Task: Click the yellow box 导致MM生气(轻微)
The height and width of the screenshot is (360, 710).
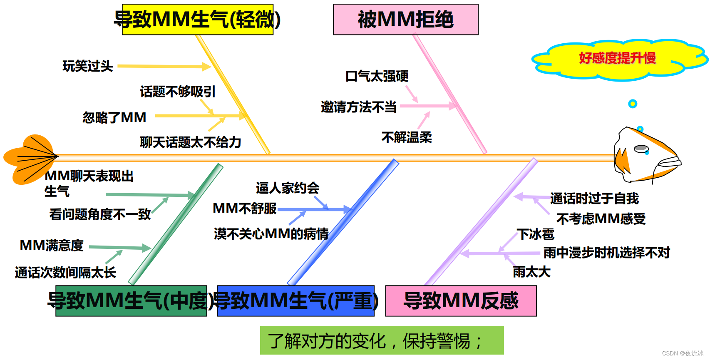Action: pyautogui.click(x=197, y=20)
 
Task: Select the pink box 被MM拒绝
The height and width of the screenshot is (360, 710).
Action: pyautogui.click(x=405, y=20)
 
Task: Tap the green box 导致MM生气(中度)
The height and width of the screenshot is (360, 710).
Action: pyautogui.click(x=131, y=301)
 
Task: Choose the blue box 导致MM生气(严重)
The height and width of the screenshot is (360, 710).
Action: pyautogui.click(x=295, y=301)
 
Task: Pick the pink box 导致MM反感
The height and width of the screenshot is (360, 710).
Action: pyautogui.click(x=461, y=301)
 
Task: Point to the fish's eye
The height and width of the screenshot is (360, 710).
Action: pyautogui.click(x=641, y=148)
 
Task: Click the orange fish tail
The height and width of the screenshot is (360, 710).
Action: pyautogui.click(x=29, y=159)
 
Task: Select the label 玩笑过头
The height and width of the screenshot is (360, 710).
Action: pyautogui.click(x=88, y=66)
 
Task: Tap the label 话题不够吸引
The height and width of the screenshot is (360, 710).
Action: pyautogui.click(x=178, y=92)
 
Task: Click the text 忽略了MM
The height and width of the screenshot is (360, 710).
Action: pyautogui.click(x=114, y=118)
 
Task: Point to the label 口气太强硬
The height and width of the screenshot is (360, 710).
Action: pyautogui.click(x=377, y=76)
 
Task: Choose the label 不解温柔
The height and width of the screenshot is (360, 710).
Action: pyautogui.click(x=407, y=137)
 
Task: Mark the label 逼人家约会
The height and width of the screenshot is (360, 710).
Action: pyautogui.click(x=288, y=188)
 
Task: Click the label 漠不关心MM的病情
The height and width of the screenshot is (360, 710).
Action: pyautogui.click(x=271, y=234)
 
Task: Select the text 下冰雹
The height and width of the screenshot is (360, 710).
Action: pyautogui.click(x=536, y=234)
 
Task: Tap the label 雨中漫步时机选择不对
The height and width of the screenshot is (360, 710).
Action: pyautogui.click(x=607, y=253)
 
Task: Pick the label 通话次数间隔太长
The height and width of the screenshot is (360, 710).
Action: pyautogui.click(x=65, y=273)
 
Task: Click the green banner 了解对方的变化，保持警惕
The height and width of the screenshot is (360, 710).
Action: pyautogui.click(x=382, y=341)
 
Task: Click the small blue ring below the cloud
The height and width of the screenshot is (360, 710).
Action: pyautogui.click(x=633, y=104)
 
